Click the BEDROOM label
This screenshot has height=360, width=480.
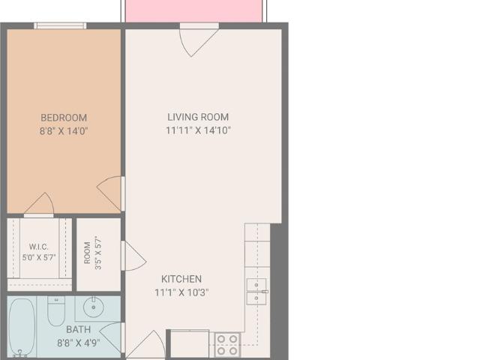64,118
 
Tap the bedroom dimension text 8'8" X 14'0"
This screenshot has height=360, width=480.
64,131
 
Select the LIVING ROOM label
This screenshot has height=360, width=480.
198,117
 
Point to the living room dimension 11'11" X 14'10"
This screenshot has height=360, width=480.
198,130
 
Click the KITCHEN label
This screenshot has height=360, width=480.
181,279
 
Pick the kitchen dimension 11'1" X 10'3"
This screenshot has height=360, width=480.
181,292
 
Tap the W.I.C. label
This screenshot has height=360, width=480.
39,247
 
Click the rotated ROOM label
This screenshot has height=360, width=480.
87,253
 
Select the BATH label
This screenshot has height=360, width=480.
78,329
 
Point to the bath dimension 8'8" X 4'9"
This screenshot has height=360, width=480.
78,343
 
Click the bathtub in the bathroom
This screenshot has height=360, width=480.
22,328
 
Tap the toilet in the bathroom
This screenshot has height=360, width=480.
56,310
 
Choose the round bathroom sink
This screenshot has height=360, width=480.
93,307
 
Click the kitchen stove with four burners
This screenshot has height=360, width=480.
227,345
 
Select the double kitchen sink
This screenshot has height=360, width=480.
256,292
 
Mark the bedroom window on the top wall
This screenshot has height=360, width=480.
60,25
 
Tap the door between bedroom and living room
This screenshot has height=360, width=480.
111,193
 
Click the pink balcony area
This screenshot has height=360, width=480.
194,11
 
